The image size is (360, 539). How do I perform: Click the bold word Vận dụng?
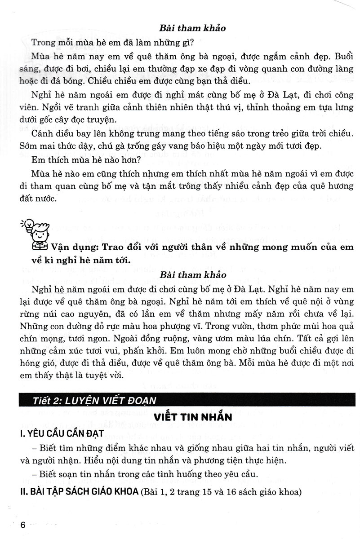pyautogui.click(x=72, y=247)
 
